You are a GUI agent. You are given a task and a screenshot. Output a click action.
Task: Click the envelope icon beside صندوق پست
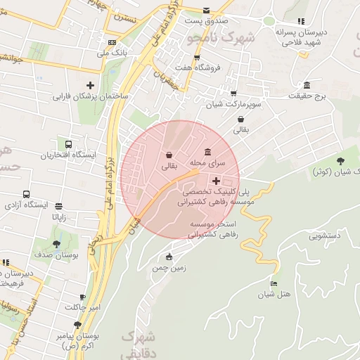206,11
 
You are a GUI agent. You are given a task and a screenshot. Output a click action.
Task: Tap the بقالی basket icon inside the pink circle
169,155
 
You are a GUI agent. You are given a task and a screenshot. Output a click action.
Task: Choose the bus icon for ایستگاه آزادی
26,194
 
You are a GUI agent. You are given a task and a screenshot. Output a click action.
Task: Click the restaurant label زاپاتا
58,218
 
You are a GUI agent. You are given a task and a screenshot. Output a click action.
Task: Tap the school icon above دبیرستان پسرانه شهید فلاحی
301,21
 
